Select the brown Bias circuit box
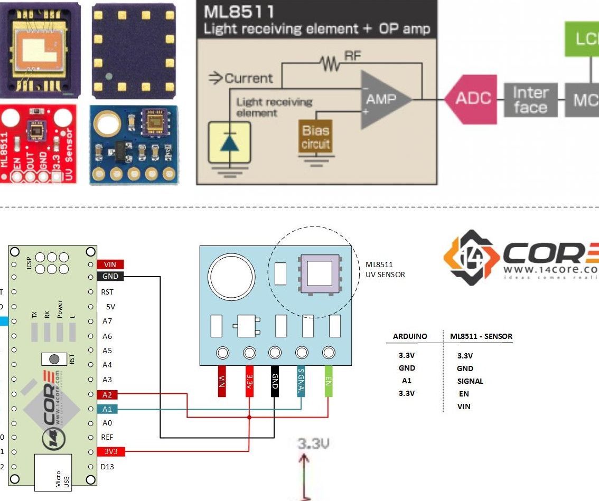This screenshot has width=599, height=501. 315,137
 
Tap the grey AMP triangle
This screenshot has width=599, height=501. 382,99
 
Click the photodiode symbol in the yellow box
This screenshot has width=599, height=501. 229,143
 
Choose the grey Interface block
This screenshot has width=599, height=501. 530,100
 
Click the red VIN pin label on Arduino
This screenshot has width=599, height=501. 110,264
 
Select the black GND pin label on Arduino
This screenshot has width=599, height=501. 110,277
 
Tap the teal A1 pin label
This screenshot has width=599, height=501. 107,409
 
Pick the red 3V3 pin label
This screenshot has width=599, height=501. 110,451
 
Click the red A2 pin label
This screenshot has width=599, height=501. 107,395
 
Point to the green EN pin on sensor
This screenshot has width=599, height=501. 328,382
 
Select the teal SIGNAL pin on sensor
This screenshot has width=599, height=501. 301,382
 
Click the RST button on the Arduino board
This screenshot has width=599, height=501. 54,359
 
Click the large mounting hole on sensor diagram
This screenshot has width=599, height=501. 231,277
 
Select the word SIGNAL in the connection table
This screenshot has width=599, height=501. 470,381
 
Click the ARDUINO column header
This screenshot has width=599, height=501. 410,336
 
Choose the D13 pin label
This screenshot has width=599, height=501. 107,467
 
